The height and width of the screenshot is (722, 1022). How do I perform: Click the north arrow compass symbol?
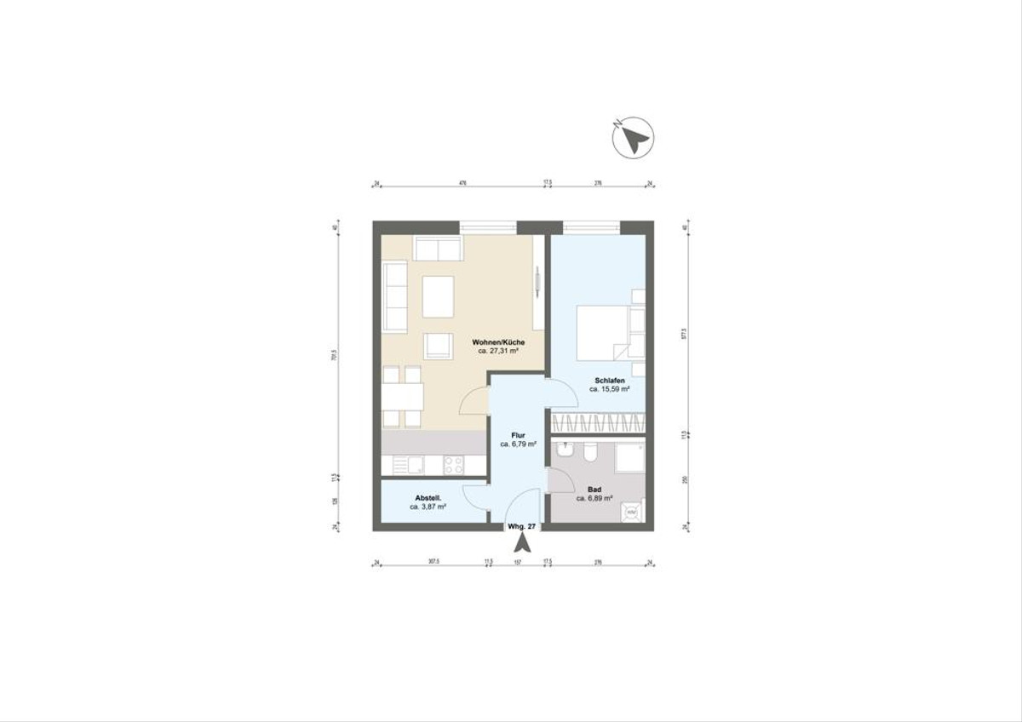632,136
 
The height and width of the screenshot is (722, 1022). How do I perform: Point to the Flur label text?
518,434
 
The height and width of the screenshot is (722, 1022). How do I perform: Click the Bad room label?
595,490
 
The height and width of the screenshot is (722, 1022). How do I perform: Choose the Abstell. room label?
427,498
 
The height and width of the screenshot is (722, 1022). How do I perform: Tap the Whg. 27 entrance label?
521,527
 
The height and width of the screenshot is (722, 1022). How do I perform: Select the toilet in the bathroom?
588,454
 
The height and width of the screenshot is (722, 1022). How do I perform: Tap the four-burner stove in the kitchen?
453,465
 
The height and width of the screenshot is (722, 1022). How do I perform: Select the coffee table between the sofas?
438,296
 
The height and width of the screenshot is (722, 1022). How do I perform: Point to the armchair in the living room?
439,346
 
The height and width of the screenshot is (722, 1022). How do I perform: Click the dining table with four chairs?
401,397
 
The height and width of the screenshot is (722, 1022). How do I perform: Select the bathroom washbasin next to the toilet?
565,449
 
